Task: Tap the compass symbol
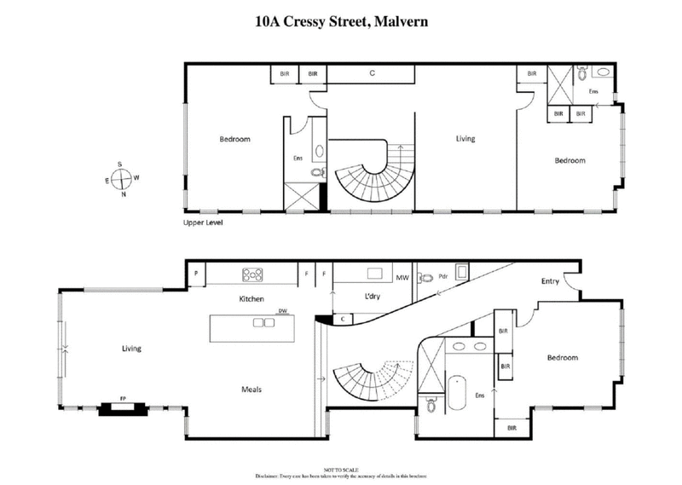(x=122, y=179)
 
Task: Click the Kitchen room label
(x=252, y=299)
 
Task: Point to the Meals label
(x=250, y=390)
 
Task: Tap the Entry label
(x=551, y=281)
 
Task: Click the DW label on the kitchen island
(x=282, y=311)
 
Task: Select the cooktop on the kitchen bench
(x=253, y=274)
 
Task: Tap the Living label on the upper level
(x=465, y=139)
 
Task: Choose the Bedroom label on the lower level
(x=563, y=358)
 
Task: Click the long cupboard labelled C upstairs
(x=373, y=74)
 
